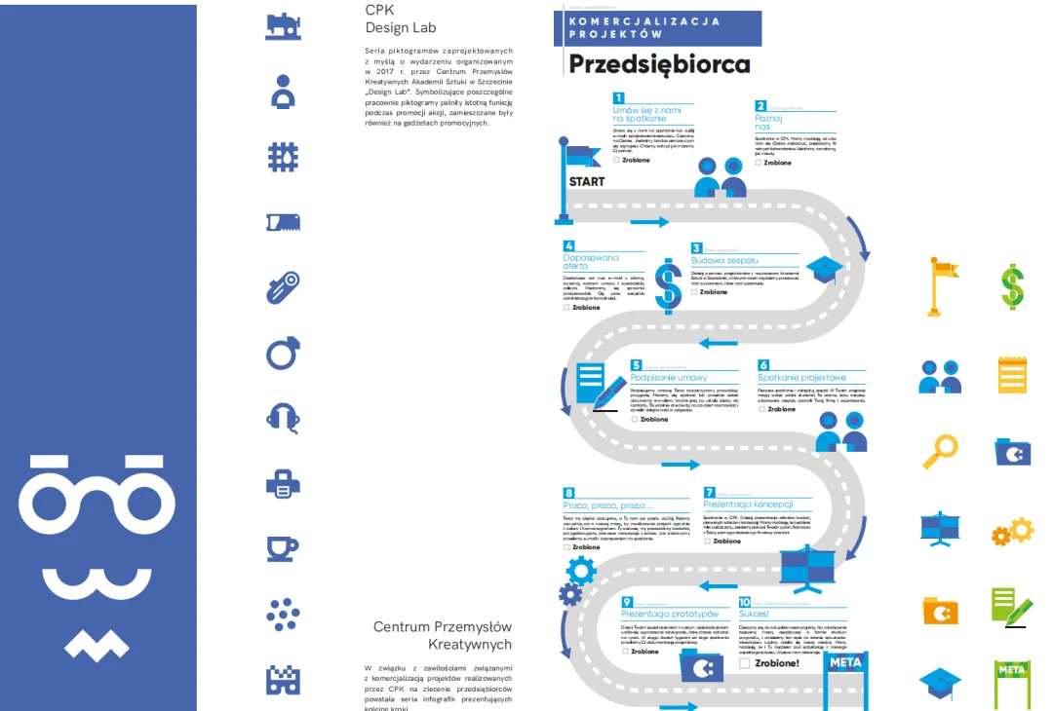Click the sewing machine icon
coord(283,25)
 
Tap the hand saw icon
coord(283,223)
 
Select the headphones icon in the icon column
coord(283,417)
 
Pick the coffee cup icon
coord(283,548)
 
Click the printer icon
coord(283,482)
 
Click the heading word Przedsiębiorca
coord(659,64)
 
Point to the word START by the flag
coord(586,181)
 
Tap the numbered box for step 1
coord(618,97)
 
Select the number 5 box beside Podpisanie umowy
coord(636,365)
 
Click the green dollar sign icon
coord(1013,286)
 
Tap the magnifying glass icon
coord(942,451)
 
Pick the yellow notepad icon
coord(1012,374)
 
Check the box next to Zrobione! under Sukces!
coord(745,662)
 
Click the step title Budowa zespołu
coord(724,260)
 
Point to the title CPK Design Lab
coord(386,19)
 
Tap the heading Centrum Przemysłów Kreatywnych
coord(443,635)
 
